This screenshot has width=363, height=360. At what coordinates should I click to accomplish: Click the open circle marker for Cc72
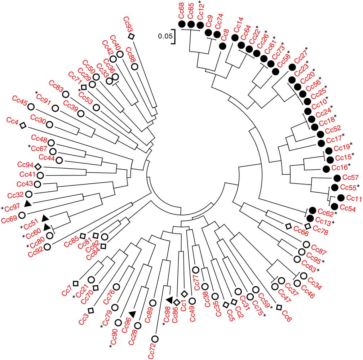coord(155,338)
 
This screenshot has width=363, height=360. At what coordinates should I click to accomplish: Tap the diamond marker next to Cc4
coord(22,125)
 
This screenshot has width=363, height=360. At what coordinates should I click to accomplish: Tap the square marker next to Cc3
coord(91,310)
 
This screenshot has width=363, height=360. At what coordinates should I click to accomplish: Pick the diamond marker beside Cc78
coord(307,226)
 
